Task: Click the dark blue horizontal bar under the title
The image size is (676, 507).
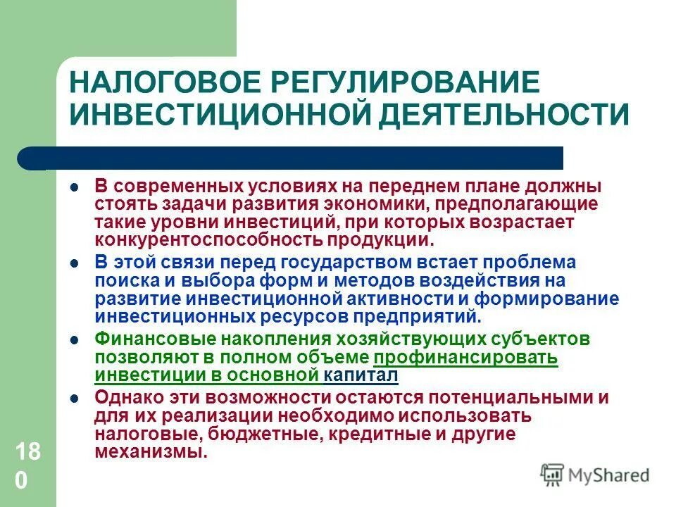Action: click(296, 158)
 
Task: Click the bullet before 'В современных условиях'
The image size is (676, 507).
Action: click(74, 189)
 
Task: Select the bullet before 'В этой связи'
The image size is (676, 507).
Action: click(74, 264)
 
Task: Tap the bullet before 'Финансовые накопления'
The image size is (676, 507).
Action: click(74, 340)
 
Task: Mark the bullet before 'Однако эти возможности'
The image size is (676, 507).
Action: click(74, 398)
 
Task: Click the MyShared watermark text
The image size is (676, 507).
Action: click(610, 475)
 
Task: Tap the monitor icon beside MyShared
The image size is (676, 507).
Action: click(553, 474)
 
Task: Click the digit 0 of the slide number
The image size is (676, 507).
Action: click(22, 481)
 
